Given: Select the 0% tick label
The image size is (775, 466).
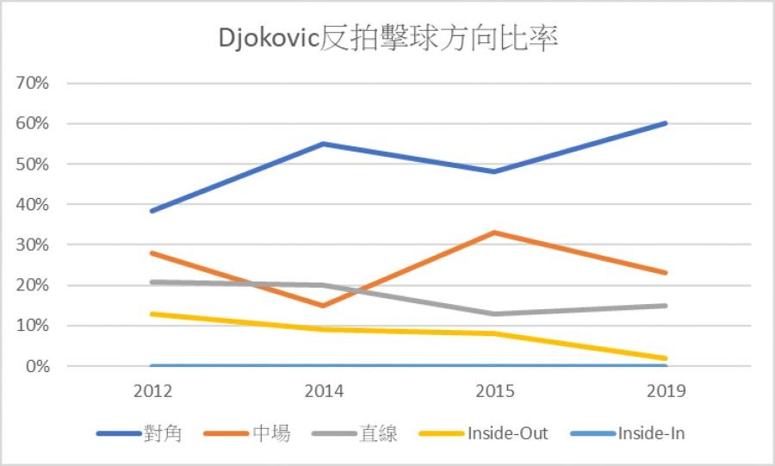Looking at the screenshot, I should pyautogui.click(x=38, y=366).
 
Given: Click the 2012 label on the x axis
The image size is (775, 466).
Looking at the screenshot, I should pyautogui.click(x=152, y=392).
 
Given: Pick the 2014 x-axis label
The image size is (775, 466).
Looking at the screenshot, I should pyautogui.click(x=324, y=392).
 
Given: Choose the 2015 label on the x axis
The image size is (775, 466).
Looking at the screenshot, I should pyautogui.click(x=494, y=392).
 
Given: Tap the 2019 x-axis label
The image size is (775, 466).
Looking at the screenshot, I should pyautogui.click(x=666, y=392).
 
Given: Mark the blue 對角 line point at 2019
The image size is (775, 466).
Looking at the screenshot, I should pyautogui.click(x=666, y=123).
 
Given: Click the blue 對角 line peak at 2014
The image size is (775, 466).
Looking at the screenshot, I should pyautogui.click(x=324, y=144).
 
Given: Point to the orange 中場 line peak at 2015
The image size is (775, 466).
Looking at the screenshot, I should pyautogui.click(x=494, y=233).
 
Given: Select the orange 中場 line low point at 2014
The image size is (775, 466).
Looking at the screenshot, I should pyautogui.click(x=324, y=305).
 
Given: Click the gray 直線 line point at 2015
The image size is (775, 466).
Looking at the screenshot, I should pyautogui.click(x=494, y=314).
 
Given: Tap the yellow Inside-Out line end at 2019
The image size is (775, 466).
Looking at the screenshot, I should pyautogui.click(x=666, y=358).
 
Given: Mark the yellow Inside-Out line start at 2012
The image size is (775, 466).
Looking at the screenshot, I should pyautogui.click(x=152, y=314).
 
